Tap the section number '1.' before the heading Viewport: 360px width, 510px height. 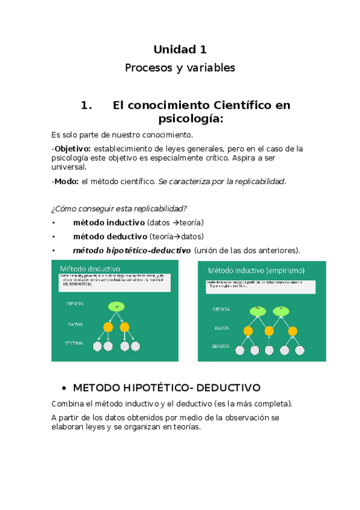tap(87, 105)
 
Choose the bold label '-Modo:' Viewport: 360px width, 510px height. tap(65, 181)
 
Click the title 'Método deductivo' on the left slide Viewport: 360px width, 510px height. tap(89, 268)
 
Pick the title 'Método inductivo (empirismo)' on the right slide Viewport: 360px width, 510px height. tap(256, 270)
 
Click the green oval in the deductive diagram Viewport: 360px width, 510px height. tap(116, 307)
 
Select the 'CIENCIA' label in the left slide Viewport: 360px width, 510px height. tap(75, 304)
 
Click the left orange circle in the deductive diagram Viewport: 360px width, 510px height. tap(108, 327)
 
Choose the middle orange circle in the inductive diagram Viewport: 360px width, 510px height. tap(270, 331)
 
